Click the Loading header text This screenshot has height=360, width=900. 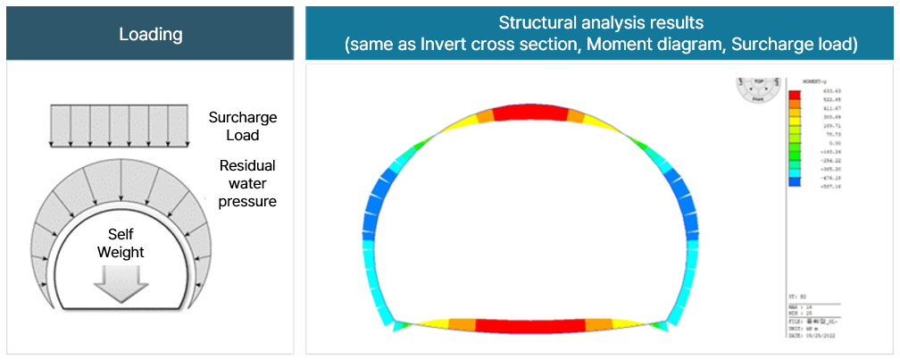150,35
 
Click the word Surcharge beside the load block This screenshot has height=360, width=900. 242,117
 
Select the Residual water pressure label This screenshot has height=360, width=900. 248,183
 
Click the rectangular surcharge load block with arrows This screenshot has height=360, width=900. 118,125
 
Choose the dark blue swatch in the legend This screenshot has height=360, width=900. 794,181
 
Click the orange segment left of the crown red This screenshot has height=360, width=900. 484,115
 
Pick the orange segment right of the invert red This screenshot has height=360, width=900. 598,325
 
